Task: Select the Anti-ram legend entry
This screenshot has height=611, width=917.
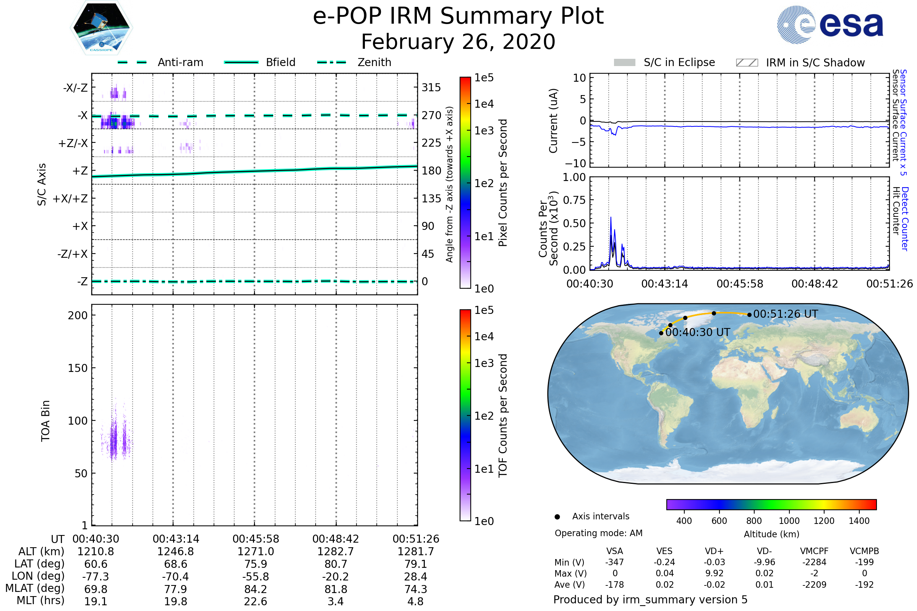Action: tap(180, 62)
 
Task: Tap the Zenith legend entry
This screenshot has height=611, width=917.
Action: tap(374, 62)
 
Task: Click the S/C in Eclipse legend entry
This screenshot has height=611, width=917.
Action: tap(679, 62)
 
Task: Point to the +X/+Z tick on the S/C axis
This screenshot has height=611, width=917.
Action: tap(70, 199)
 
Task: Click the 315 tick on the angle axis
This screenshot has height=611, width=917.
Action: tap(431, 87)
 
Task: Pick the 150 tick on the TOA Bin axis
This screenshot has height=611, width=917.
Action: tap(78, 368)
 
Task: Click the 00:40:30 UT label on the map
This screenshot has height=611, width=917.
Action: tap(698, 332)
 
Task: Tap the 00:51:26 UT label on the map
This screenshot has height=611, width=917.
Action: tap(785, 314)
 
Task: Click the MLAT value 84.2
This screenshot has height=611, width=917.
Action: tap(255, 589)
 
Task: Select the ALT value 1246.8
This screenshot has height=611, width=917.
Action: tap(175, 552)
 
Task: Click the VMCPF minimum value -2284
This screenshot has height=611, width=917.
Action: tap(814, 562)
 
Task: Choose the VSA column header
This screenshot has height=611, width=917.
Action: tap(614, 551)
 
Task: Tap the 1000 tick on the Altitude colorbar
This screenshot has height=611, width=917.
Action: tap(789, 521)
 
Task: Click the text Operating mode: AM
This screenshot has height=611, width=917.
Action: tap(598, 533)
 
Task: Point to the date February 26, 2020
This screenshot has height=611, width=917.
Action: tap(458, 42)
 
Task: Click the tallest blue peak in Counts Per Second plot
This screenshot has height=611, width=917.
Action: tap(611, 218)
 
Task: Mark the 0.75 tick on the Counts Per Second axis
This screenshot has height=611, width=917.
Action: tap(574, 200)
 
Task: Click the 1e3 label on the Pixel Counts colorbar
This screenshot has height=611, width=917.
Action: tap(484, 131)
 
